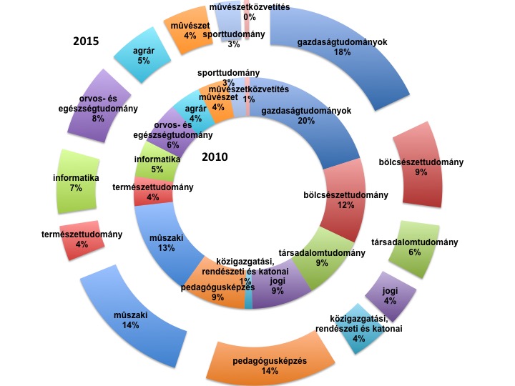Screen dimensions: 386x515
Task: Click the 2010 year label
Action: (214, 157)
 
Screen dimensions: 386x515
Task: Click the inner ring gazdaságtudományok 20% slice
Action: (315, 122)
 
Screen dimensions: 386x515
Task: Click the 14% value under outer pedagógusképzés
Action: (270, 371)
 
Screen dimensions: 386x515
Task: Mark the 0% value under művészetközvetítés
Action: (250, 16)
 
